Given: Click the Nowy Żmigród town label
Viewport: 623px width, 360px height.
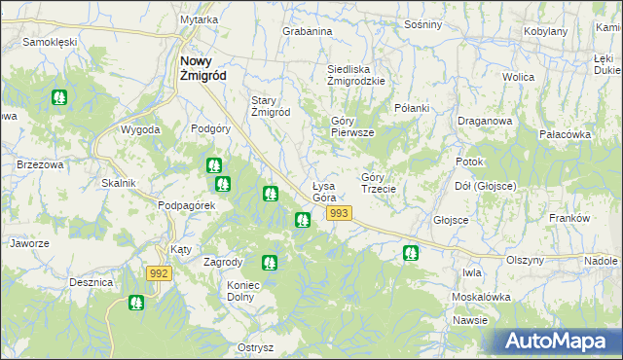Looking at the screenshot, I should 203,68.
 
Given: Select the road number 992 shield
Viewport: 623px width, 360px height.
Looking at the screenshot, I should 160,274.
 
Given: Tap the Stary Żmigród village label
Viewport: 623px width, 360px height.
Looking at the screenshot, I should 271,106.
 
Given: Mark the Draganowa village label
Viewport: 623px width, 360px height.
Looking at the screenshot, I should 485,122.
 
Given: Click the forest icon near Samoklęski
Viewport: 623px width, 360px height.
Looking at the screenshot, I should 59,97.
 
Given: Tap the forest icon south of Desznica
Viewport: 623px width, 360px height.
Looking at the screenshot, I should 135,304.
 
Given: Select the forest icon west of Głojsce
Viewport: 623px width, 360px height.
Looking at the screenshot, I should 411,253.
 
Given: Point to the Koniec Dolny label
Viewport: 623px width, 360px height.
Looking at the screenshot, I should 252,291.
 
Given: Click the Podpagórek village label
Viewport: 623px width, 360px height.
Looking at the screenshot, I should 185,205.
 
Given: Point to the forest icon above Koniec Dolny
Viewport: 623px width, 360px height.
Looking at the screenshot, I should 270,262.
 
